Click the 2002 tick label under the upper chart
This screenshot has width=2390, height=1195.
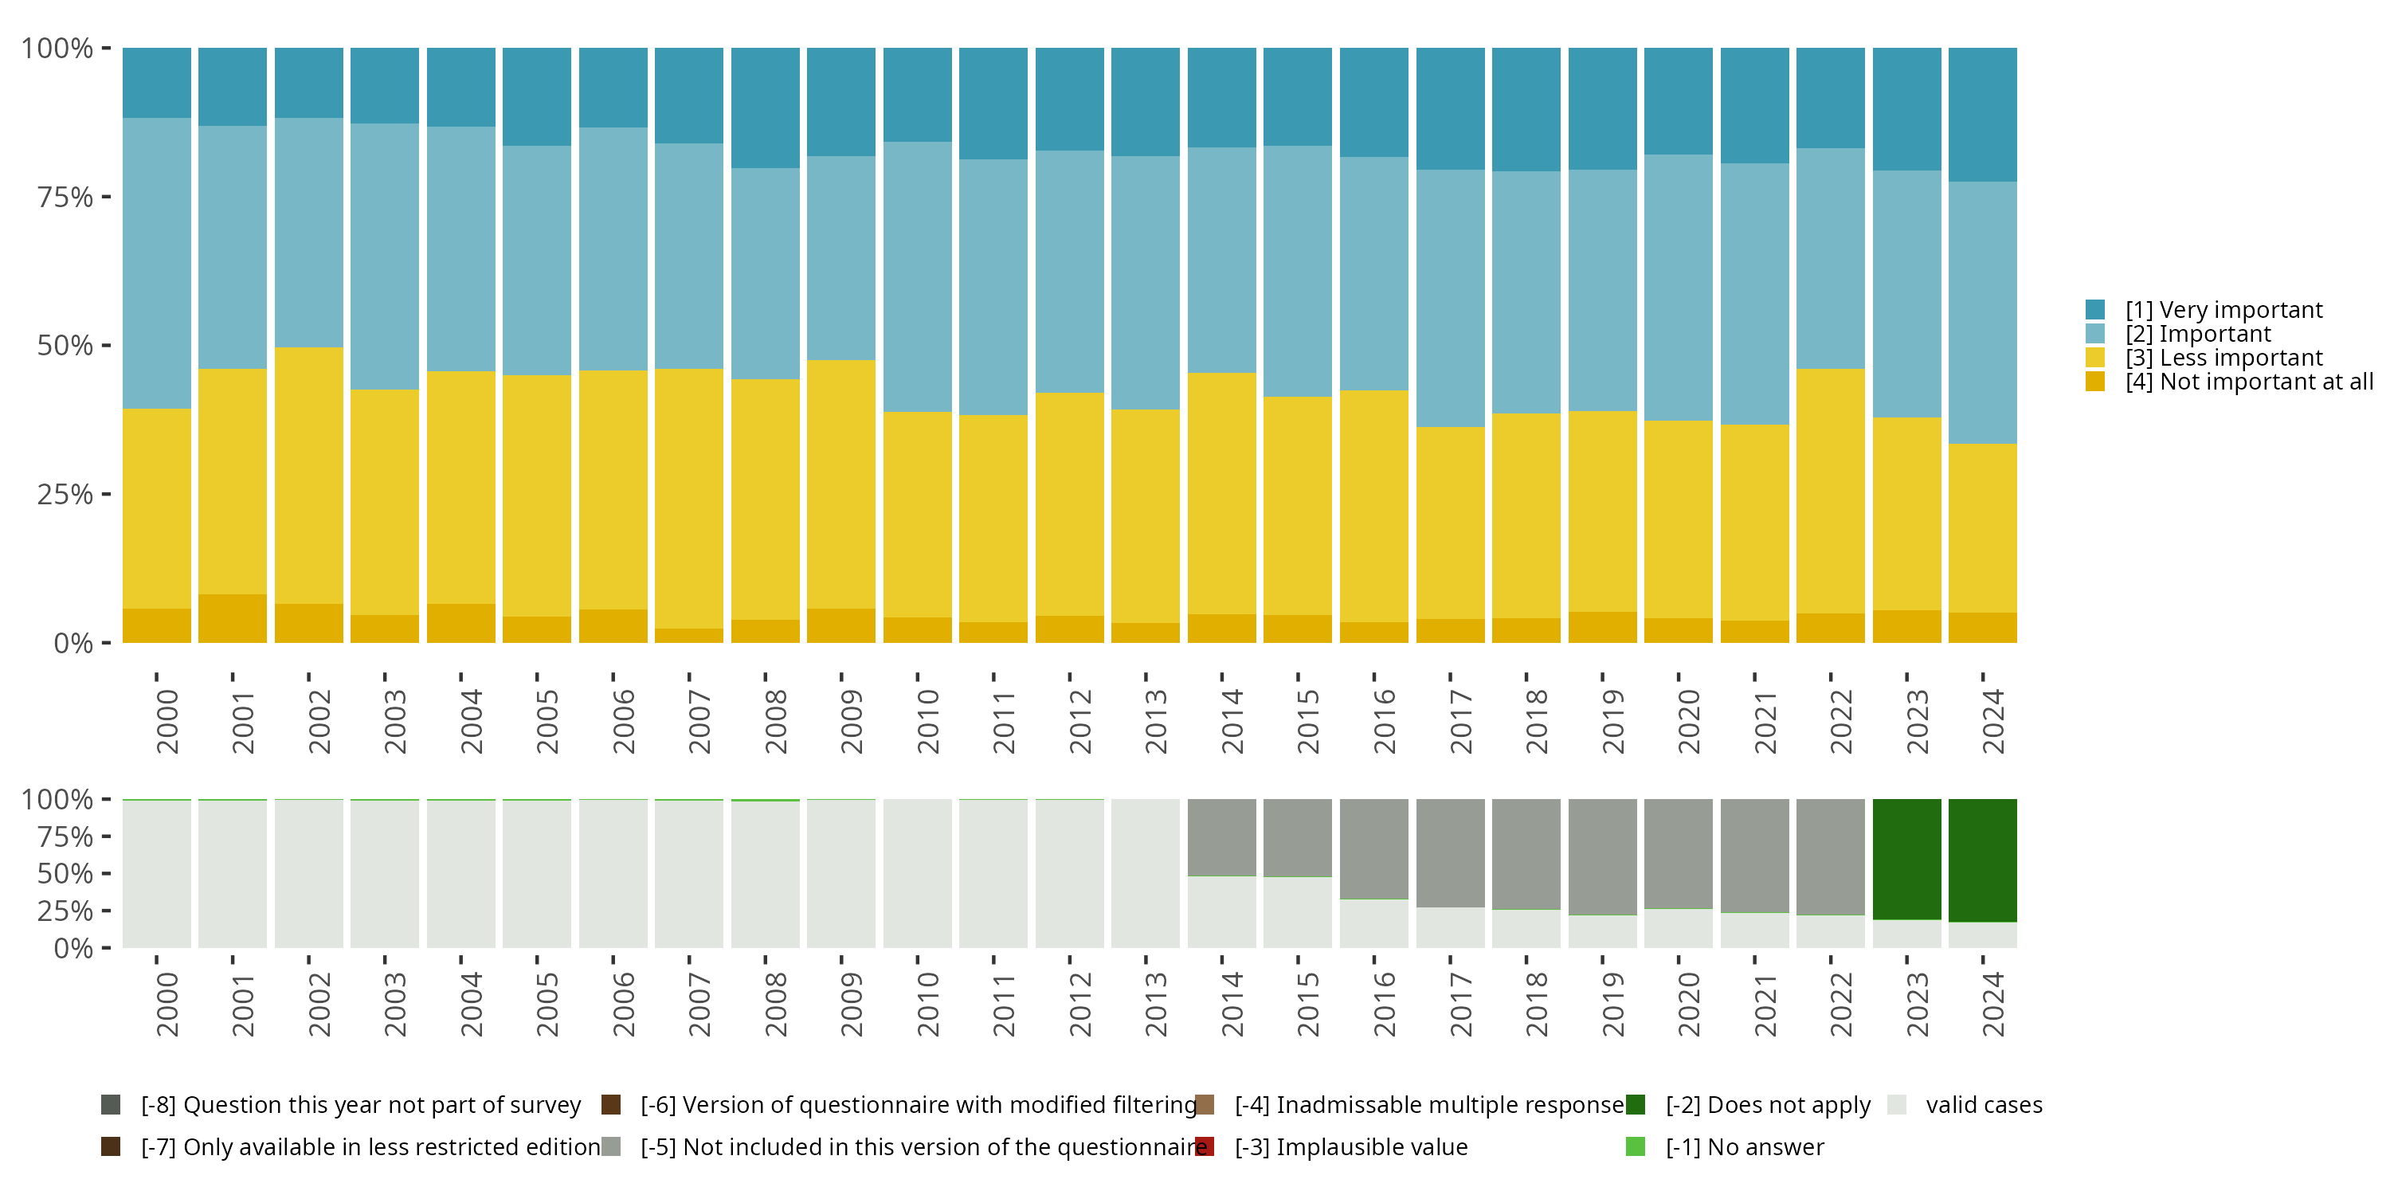(318, 721)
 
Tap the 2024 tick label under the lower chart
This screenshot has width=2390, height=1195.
(1992, 1004)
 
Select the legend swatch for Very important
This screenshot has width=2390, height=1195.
(2095, 310)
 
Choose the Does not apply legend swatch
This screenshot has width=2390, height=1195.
(1636, 1104)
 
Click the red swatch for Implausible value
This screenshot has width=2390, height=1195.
(1205, 1146)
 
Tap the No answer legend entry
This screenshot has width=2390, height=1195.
(1744, 1146)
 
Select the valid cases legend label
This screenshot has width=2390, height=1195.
(1984, 1104)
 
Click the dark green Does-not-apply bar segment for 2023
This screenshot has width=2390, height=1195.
(1906, 858)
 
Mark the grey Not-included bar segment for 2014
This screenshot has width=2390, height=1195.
(1222, 836)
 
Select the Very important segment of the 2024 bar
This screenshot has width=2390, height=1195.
(1983, 114)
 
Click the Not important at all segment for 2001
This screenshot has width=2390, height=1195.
(233, 618)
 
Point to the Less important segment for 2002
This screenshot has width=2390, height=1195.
(309, 475)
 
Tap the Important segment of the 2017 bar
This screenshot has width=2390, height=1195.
(1450, 298)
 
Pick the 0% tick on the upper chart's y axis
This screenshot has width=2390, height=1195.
(72, 643)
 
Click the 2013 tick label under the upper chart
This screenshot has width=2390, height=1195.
(1155, 721)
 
